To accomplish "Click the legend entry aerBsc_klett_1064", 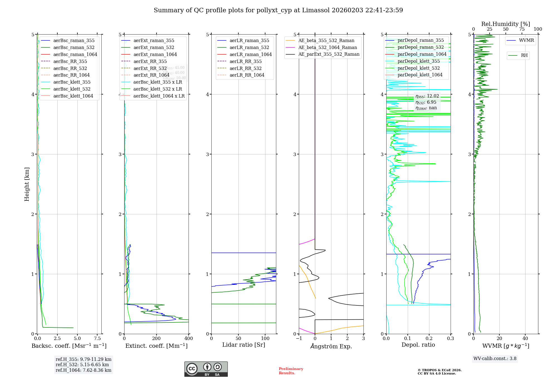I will point(73,96).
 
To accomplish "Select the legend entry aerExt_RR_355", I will point(150,61).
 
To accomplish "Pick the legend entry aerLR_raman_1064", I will point(250,54).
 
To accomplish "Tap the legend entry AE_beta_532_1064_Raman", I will point(328,47).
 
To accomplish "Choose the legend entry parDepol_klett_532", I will point(418,68).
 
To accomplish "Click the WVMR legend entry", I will point(526,40).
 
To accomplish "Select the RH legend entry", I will point(524,55).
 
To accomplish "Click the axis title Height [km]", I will point(27,184).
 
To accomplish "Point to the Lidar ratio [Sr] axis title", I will point(244,345).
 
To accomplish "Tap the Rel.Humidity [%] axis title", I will point(505,24).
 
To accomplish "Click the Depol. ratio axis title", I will point(418,345).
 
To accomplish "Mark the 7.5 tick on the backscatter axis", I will point(97,338).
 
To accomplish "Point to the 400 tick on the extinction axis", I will point(189,338).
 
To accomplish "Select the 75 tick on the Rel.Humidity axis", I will point(522,29).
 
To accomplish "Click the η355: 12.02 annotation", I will point(427,96).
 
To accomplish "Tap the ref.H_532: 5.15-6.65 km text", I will point(82,365).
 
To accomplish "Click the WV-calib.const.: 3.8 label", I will point(495,359).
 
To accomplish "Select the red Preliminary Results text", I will point(291,371).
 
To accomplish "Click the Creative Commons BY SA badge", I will point(206,369).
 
